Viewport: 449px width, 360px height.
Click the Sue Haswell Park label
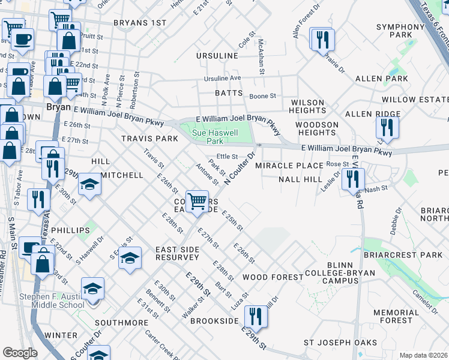tap(206, 136)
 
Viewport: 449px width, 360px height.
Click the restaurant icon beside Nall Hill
tap(353, 178)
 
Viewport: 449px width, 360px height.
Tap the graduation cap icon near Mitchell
tap(90, 183)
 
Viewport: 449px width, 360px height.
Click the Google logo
tap(19, 353)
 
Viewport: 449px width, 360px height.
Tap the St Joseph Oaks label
tap(334, 343)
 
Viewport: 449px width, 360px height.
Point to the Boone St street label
tap(262, 95)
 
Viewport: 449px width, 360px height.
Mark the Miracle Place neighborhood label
tap(289, 165)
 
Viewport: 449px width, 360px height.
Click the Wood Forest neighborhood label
tap(273, 277)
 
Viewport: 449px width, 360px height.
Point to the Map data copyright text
tap(424, 355)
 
